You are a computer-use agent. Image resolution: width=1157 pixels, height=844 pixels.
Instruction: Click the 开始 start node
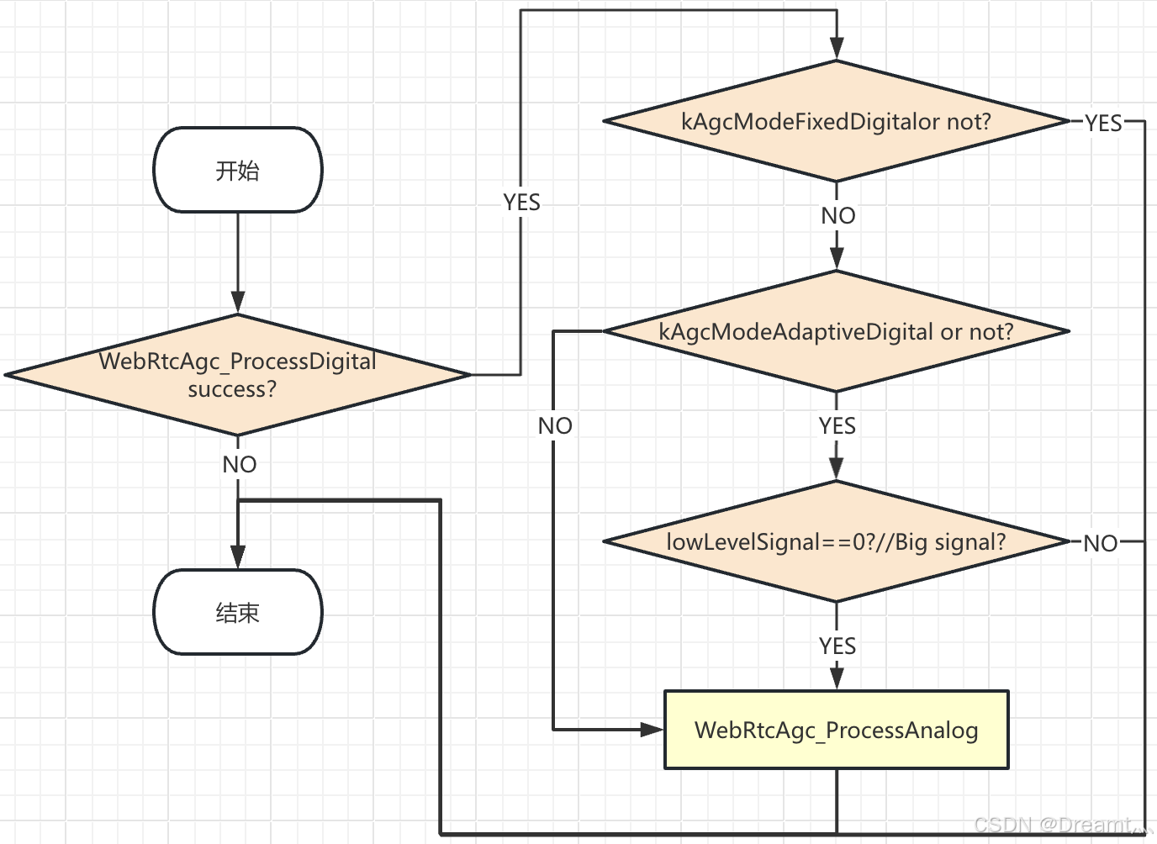click(x=238, y=171)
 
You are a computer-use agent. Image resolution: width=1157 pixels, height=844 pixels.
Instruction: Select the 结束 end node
click(x=238, y=612)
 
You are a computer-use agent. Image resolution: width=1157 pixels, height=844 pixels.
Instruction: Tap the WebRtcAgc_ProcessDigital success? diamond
click(x=238, y=375)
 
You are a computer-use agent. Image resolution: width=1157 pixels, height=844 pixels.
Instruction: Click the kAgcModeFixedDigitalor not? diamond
click(x=836, y=122)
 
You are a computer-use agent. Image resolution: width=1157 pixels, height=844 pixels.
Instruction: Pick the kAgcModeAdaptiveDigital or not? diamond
click(x=836, y=332)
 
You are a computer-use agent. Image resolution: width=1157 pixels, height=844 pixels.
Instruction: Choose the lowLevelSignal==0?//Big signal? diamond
click(x=836, y=542)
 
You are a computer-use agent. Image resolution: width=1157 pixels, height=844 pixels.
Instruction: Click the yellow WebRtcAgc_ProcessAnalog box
click(x=836, y=730)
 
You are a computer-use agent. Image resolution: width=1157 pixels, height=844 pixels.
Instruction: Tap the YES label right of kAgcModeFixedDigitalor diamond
click(x=1102, y=124)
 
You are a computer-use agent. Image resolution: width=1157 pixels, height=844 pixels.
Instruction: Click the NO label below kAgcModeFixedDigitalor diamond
click(x=837, y=216)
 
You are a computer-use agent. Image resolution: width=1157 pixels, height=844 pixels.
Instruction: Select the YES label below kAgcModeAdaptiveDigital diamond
click(x=837, y=426)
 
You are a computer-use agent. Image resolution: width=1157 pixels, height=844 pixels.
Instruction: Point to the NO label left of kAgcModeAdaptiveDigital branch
click(x=555, y=426)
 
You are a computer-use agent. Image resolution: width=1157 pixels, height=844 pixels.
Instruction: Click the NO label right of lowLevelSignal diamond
click(x=1100, y=543)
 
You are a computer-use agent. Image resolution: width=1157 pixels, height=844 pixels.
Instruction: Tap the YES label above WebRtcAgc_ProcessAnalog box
click(x=837, y=646)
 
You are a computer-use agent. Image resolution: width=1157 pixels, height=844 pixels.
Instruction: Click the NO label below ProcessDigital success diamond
click(x=240, y=464)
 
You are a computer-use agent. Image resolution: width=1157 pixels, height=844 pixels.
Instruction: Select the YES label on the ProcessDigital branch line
click(x=521, y=203)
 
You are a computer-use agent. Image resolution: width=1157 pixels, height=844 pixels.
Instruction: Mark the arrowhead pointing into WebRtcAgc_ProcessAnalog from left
click(x=652, y=730)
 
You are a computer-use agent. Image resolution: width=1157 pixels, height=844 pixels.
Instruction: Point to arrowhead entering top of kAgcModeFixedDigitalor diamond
click(x=837, y=49)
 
